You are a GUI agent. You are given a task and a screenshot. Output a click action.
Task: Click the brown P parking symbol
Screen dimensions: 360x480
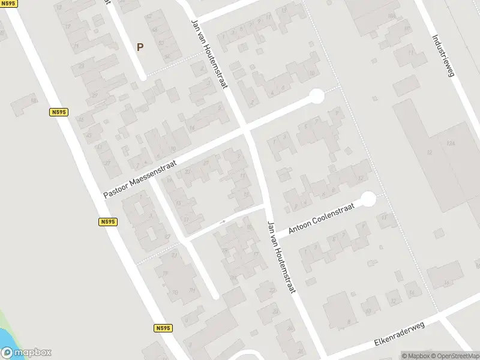click(x=140, y=47)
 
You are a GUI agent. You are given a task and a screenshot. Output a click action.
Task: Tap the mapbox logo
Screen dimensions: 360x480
click(x=26, y=353)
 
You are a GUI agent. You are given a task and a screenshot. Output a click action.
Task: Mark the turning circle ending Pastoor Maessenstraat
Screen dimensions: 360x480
click(x=316, y=96)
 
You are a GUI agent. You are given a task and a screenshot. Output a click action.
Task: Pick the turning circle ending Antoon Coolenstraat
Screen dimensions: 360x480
click(x=368, y=199)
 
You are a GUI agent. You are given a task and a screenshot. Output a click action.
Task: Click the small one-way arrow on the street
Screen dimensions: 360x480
click(x=222, y=222)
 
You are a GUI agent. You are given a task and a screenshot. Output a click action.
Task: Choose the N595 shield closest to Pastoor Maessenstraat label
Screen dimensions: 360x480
click(x=108, y=221)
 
